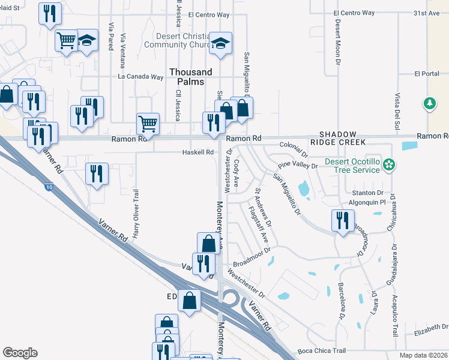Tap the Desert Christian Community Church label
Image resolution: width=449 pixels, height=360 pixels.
coord(170,40)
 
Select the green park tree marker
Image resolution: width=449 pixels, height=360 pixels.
coord(430,104)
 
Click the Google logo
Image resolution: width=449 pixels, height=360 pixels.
coord(20,353)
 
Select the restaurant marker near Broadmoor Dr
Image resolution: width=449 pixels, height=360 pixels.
coord(342,220)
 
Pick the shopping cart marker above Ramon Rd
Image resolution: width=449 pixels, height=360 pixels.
coord(148,123)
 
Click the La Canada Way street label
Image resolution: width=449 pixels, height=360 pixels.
coord(140,77)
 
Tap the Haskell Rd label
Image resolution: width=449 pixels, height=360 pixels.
coord(198,152)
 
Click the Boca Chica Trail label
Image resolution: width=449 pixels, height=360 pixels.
coord(321,351)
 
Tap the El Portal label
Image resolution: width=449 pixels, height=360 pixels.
coord(427,74)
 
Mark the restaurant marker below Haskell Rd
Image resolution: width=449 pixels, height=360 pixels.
coord(97,173)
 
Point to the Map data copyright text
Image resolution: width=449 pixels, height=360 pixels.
coord(423,355)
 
